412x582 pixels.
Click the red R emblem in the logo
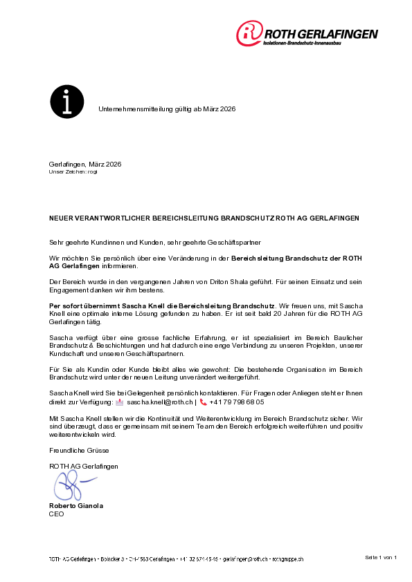tap(250, 33)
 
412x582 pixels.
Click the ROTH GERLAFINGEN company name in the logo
tap(321, 33)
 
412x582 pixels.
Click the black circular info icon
tap(66, 102)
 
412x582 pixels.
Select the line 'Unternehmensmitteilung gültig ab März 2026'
tap(167, 109)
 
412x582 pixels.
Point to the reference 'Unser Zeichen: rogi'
tap(73, 171)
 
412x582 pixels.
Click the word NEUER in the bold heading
tap(61, 218)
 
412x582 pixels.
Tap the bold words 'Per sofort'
tap(66, 305)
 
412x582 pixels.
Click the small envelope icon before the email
tap(120, 402)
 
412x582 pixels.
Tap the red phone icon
tap(203, 402)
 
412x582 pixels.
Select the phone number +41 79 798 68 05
tap(237, 402)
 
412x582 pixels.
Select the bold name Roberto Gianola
tap(76, 506)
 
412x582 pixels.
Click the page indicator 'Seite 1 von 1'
tap(380, 557)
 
